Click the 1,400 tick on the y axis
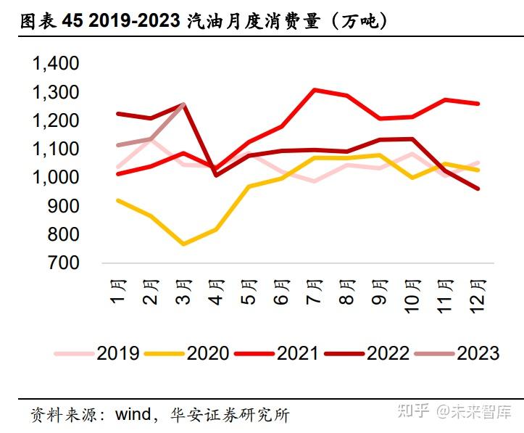(55, 64)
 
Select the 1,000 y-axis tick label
(55, 178)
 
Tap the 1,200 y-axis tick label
(55, 121)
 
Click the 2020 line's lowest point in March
(183, 244)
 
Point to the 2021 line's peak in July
(314, 90)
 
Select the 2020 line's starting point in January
(117, 200)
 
